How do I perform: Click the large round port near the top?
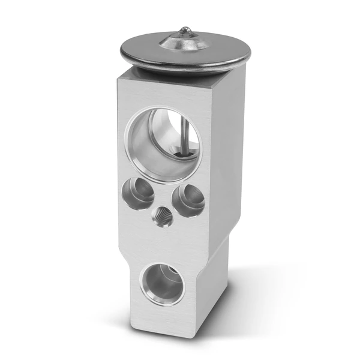tap(163, 144)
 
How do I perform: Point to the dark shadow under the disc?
tap(180, 71)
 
